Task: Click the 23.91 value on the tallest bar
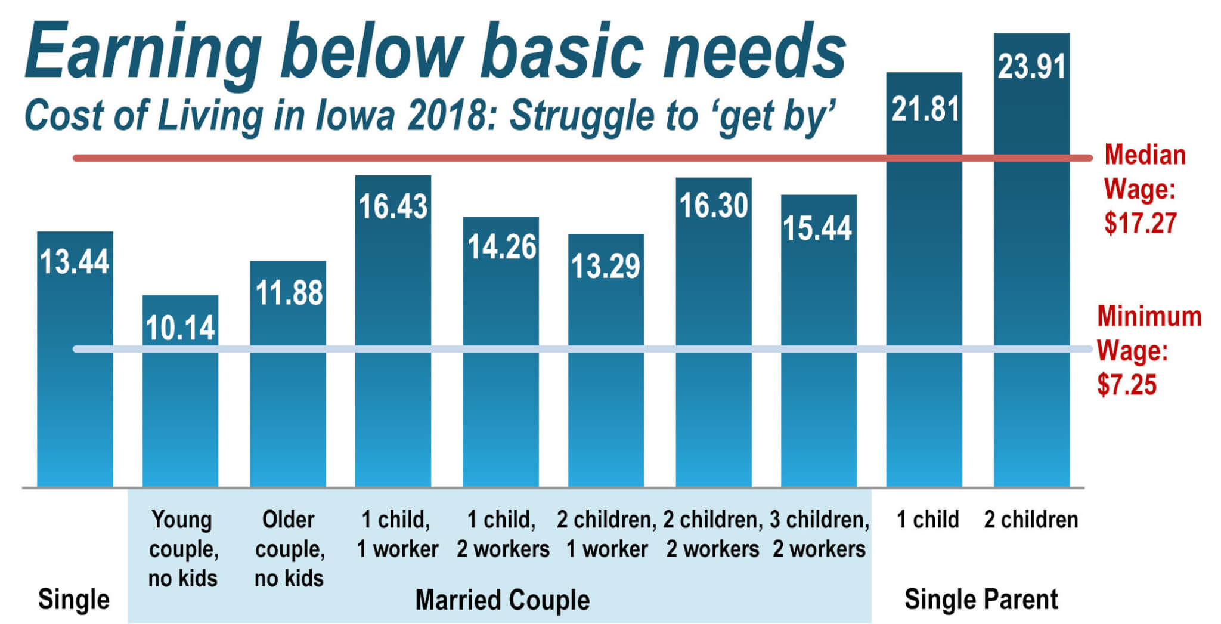coord(1031,66)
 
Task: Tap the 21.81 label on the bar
coord(925,109)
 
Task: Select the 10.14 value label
coord(180,328)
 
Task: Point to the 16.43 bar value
coord(393,206)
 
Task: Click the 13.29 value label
coord(606,266)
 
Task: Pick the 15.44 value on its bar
coord(817,228)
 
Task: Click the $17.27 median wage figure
coord(1140,223)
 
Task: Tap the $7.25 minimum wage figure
coord(1126,385)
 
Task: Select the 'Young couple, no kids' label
coord(182,549)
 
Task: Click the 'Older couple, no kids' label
coord(289,549)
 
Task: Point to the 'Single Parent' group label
coord(981,599)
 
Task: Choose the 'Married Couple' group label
coord(502,600)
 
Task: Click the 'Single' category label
coord(74,599)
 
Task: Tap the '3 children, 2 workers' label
coord(819,534)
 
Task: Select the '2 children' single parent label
coord(1031,520)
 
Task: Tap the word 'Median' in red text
coord(1145,155)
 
